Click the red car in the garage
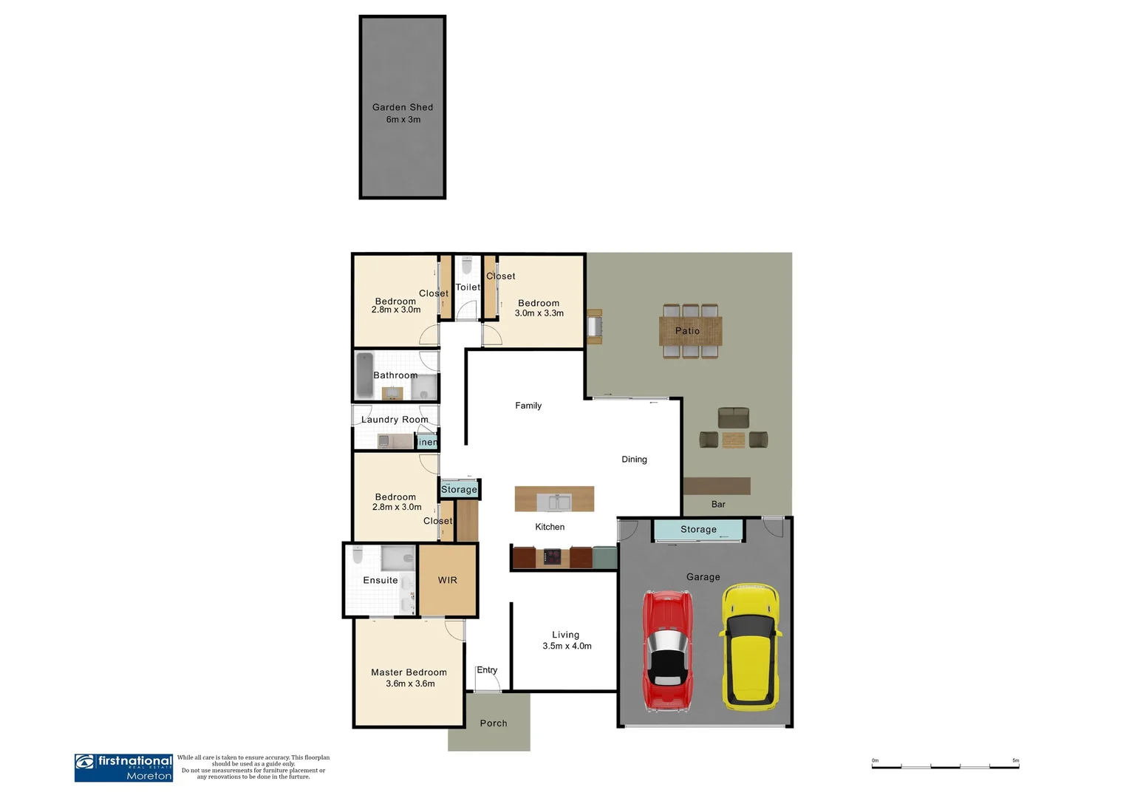(668, 650)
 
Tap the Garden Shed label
(403, 107)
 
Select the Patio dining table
(690, 331)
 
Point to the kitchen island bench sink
(553, 502)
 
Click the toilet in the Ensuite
(358, 555)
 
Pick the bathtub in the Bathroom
(364, 375)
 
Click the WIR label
(448, 580)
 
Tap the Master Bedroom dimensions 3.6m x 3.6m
(410, 683)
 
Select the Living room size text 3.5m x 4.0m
(567, 646)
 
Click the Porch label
(494, 723)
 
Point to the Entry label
(487, 670)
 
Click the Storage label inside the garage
(698, 529)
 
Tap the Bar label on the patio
(718, 504)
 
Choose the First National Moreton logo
(123, 768)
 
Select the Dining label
(634, 459)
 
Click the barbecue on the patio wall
(595, 327)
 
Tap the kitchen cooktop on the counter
(552, 557)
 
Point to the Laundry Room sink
(384, 441)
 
